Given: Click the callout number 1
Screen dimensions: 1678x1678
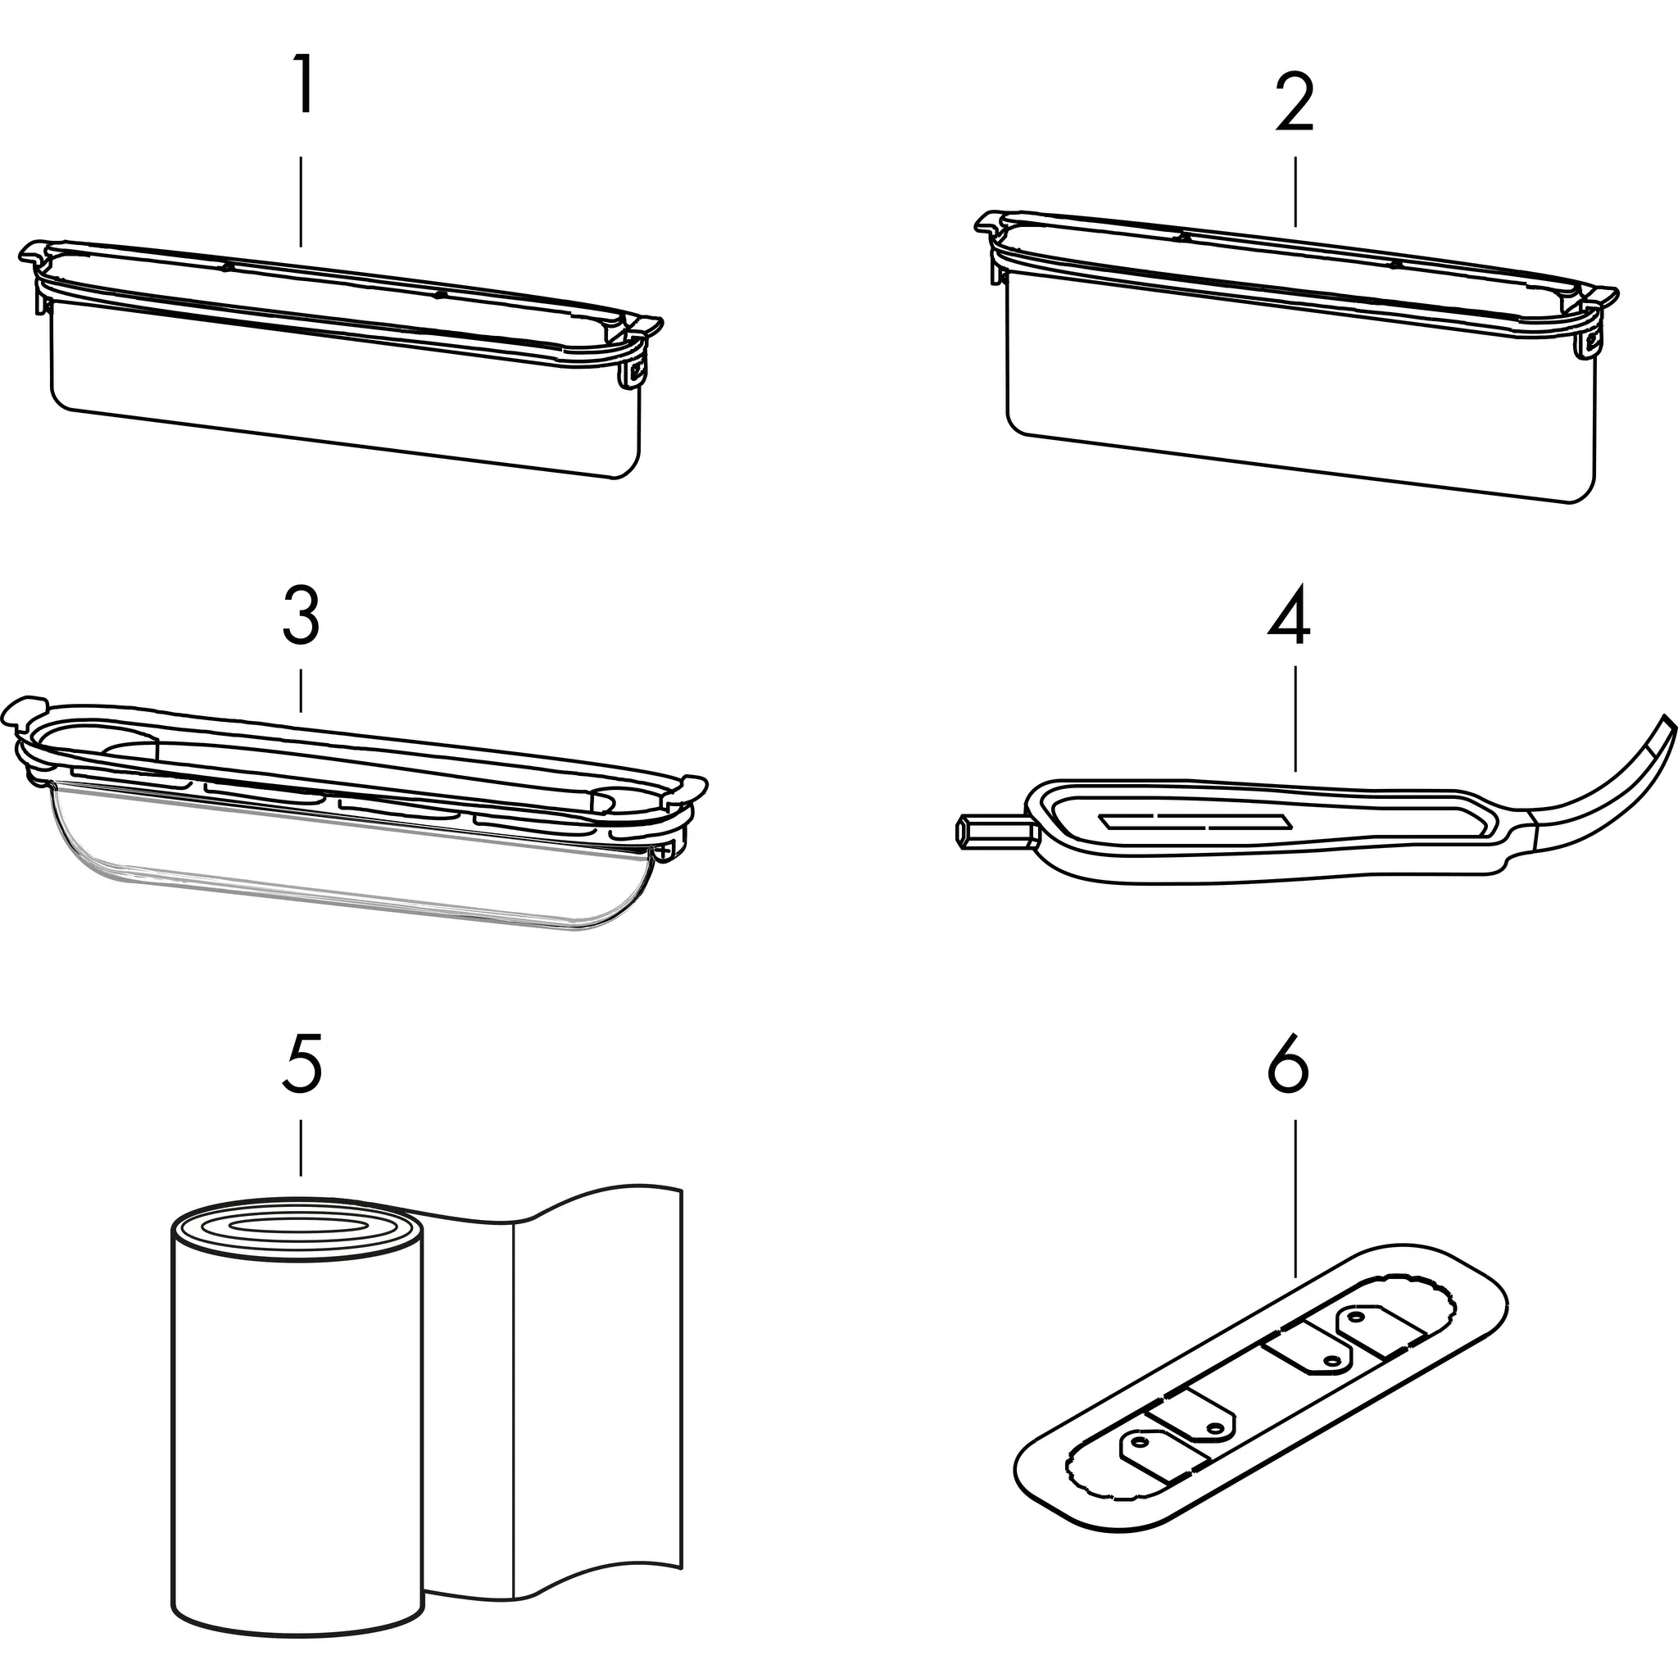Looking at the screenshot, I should point(302,85).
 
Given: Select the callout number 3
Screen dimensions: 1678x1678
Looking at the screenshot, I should point(302,616).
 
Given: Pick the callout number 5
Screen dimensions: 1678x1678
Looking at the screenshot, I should point(302,1064).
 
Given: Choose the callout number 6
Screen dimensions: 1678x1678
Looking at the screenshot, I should point(1289,1064).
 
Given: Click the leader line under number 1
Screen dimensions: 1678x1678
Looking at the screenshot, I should point(302,201).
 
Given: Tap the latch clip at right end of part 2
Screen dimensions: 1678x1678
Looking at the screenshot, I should point(1591,341).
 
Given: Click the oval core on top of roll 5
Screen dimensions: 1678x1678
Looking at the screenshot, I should point(295,1224).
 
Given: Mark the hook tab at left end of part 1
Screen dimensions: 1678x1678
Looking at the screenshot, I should point(33,255).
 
